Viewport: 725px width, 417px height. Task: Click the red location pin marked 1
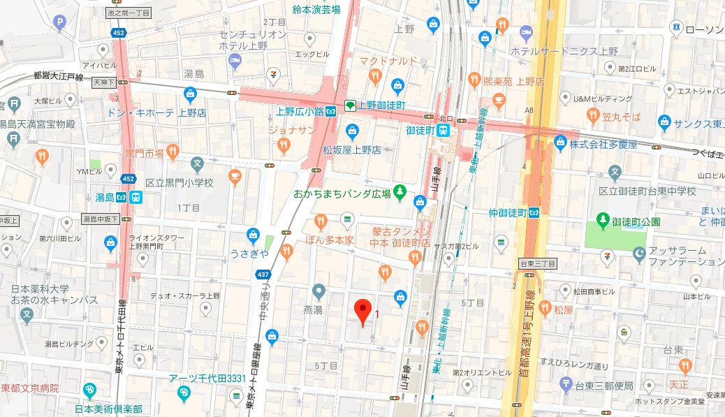click(362, 312)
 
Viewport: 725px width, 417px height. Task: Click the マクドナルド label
click(388, 61)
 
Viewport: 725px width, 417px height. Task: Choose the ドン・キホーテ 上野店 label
click(156, 112)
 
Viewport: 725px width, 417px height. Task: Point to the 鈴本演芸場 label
click(316, 9)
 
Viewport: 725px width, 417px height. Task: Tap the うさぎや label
click(249, 253)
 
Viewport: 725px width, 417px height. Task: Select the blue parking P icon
click(61, 24)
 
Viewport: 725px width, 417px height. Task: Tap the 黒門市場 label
click(145, 152)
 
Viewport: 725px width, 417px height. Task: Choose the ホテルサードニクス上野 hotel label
click(564, 52)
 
